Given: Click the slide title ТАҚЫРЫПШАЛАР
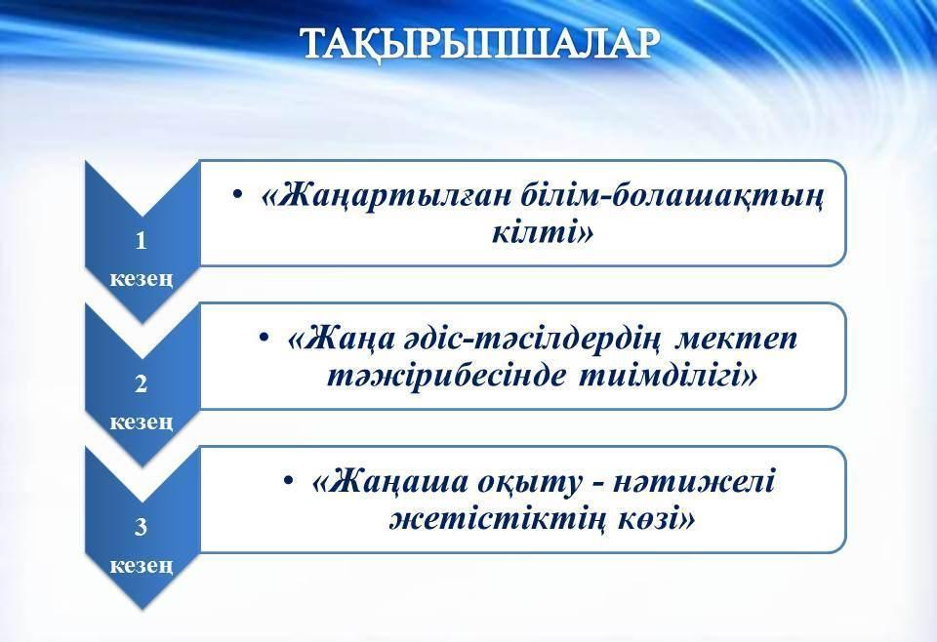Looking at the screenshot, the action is coord(480,44).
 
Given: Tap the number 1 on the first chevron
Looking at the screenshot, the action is coord(141,241).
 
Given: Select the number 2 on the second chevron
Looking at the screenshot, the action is coord(141,383).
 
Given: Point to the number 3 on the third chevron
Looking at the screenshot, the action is coord(141,527).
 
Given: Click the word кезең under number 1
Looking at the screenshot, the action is coord(141,279).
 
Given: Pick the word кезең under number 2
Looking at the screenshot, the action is coord(141,421).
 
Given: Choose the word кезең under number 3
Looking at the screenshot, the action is coord(141,565).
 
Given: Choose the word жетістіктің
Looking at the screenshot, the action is coord(494,520).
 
